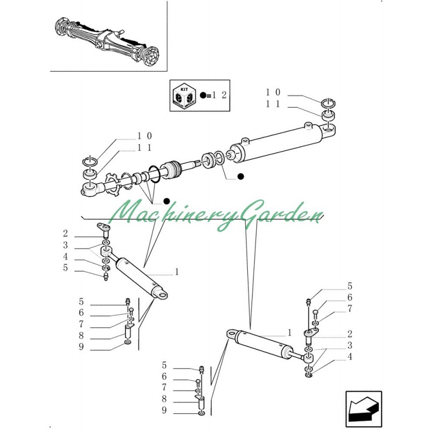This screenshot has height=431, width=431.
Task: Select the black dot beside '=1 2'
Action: tap(203, 95)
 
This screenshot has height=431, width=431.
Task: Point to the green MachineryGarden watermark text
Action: tap(215, 216)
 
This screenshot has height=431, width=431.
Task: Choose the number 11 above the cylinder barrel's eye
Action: tap(273, 104)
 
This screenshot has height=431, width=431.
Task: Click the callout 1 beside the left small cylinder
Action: tap(176, 272)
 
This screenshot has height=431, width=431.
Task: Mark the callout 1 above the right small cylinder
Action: tap(289, 332)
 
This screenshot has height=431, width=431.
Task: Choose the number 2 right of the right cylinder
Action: tap(350, 334)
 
